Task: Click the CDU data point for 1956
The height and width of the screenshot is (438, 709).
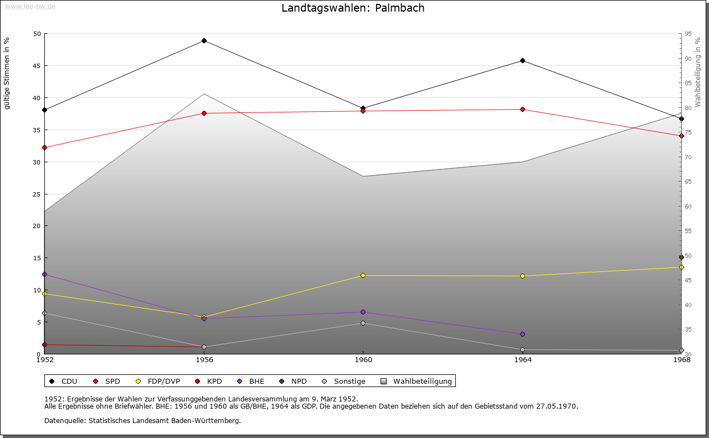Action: [204, 40]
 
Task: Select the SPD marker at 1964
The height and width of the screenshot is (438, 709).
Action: [522, 109]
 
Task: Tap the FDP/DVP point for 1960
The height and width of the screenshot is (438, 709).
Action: [363, 275]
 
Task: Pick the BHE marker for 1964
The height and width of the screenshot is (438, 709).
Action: [522, 334]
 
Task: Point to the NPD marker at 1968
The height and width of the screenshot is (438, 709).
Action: [681, 257]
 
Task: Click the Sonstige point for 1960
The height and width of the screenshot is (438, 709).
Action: [363, 323]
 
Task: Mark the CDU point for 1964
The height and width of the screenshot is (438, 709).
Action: [522, 60]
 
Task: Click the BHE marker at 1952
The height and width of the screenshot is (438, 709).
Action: [44, 274]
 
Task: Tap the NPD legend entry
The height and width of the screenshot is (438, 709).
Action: [294, 381]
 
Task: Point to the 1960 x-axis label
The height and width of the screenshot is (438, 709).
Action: [363, 360]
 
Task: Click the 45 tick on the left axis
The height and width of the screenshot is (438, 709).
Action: [37, 66]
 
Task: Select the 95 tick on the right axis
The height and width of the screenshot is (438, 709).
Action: [687, 34]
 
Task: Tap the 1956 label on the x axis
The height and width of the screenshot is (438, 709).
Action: [204, 360]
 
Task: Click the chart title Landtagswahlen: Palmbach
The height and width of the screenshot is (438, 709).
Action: [353, 8]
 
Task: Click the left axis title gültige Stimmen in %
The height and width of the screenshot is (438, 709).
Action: [7, 73]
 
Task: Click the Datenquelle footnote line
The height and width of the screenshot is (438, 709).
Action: [142, 420]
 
